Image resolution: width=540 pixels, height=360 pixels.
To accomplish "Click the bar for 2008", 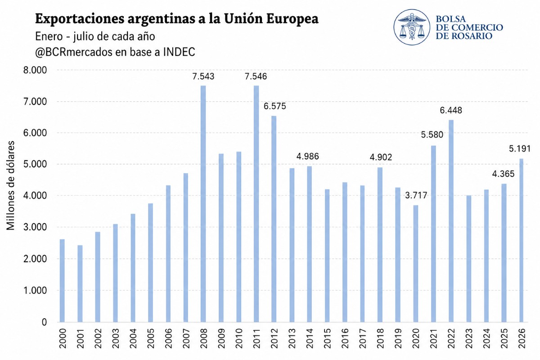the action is point(203,204).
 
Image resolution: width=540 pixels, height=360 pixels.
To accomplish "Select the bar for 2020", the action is point(416,264).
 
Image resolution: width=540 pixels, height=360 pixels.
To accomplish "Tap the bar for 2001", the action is point(80,283).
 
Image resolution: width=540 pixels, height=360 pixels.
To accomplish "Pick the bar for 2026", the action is point(521,240).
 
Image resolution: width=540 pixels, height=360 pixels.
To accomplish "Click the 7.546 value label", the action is point(256,76).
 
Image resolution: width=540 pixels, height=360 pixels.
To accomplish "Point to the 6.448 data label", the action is point(451,110).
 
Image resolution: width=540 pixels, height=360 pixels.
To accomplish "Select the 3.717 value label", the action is point(416,195).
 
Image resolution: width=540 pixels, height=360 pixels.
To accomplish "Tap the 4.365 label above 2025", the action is point(503,174).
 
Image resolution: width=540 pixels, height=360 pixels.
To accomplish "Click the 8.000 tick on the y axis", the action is point(35,70).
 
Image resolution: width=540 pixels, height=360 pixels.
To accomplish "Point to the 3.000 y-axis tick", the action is point(35,227).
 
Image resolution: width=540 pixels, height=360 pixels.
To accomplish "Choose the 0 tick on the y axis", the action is point(44,322).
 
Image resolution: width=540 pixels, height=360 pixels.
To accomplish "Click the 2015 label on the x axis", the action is point(327,338).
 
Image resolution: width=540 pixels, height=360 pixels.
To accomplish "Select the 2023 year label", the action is point(468,338).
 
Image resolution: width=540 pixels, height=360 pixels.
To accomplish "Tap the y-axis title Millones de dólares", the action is point(10,185).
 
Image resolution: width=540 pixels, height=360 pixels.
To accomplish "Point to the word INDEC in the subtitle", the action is point(179,52).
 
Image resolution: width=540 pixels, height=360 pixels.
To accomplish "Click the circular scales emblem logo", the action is point(412,27).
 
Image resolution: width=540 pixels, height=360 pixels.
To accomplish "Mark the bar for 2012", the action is point(274,219).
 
